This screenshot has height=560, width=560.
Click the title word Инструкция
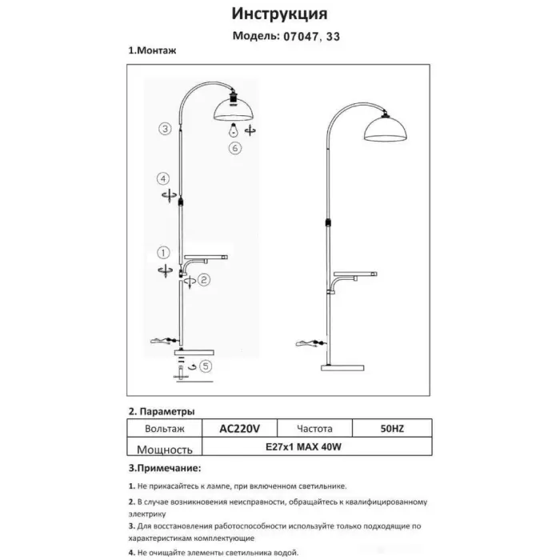(x=279, y=14)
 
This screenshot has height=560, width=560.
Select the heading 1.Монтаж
(x=152, y=50)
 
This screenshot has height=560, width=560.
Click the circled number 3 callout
(x=164, y=129)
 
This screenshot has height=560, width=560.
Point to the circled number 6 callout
(x=234, y=149)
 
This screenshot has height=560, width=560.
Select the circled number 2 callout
(x=204, y=279)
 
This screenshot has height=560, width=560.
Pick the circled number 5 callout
(x=206, y=366)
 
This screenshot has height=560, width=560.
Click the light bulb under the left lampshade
(x=233, y=129)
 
